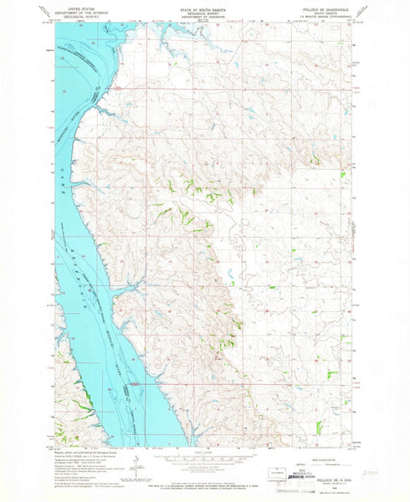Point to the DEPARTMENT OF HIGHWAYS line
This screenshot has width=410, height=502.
pyautogui.click(x=205, y=15)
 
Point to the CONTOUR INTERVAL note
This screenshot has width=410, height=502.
pyautogui.click(x=205, y=472)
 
